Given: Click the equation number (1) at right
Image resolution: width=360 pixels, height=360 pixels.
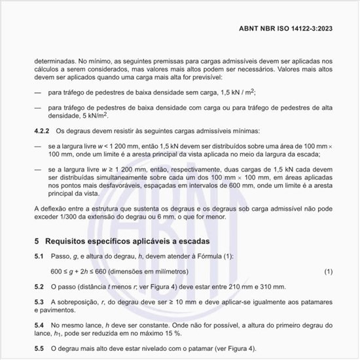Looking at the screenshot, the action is [328, 270].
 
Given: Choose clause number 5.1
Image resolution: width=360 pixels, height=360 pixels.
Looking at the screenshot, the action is [39, 255].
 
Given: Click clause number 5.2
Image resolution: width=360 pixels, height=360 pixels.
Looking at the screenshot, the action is [39, 286].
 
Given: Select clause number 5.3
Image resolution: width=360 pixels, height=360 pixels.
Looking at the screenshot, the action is [39, 302].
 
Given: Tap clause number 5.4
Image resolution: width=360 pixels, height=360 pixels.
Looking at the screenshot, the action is [39, 325].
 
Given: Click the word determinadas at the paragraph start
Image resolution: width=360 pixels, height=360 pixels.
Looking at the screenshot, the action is [55, 60].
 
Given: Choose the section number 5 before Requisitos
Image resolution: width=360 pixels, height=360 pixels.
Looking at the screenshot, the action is [37, 241].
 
